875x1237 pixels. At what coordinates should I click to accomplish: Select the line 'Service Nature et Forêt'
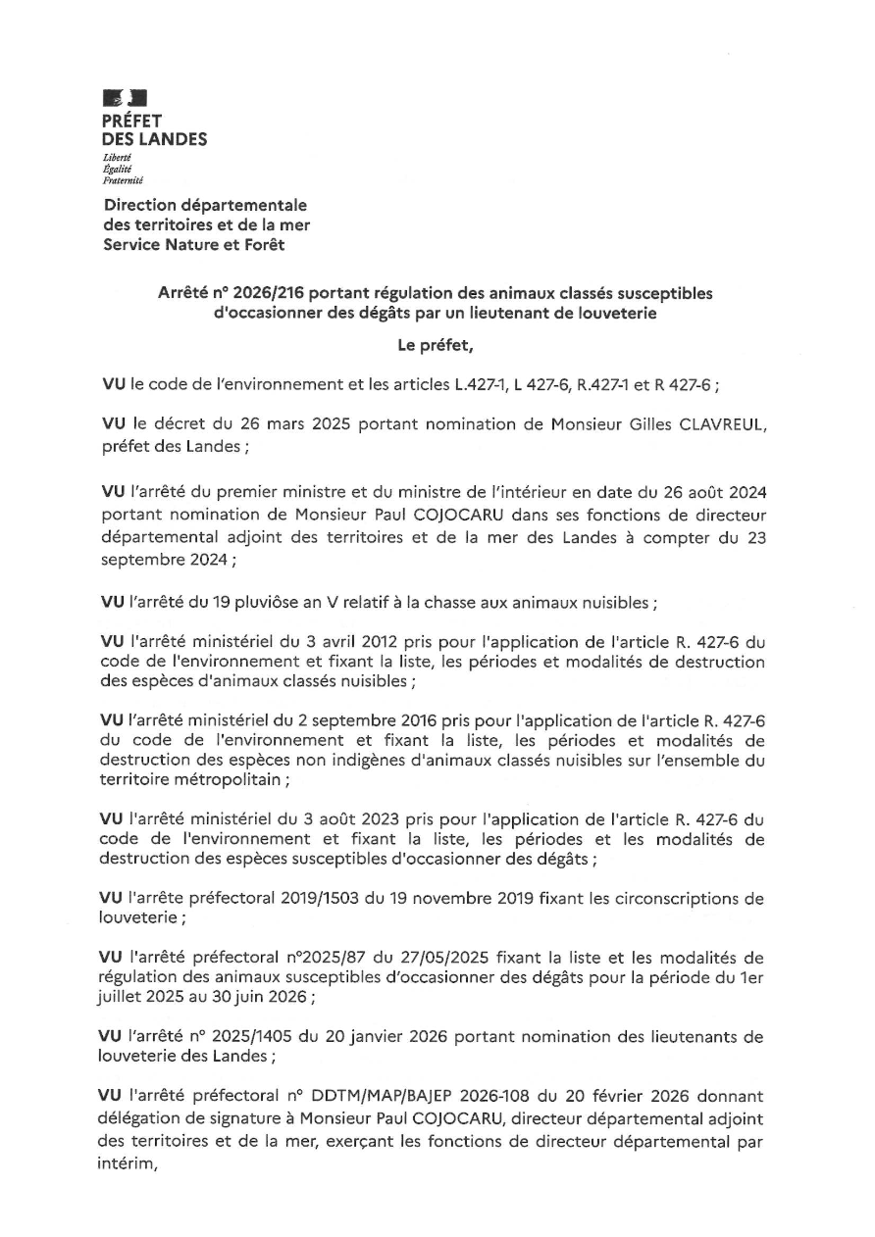click(195, 244)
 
